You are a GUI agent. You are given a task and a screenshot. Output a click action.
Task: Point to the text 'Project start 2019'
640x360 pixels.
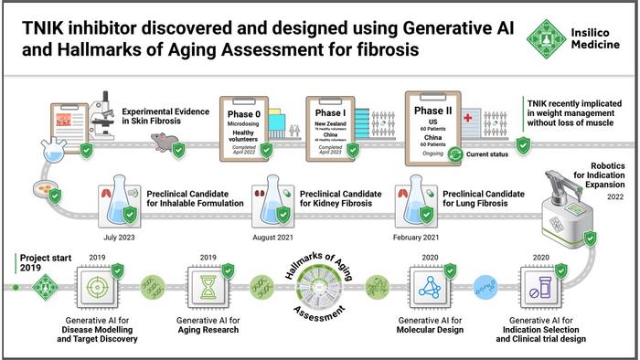click(x=39, y=263)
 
